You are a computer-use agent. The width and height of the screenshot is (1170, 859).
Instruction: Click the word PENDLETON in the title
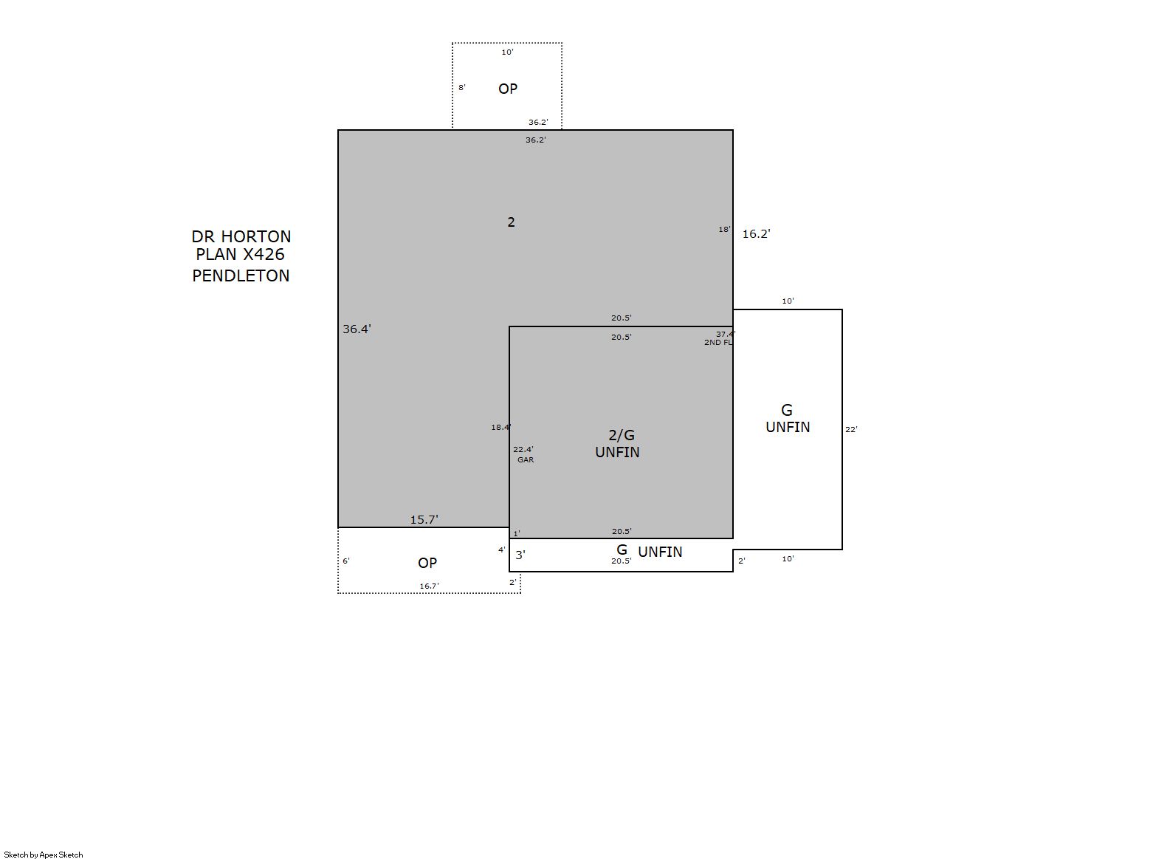click(x=241, y=276)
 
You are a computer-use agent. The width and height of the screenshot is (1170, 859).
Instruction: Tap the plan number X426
click(x=264, y=255)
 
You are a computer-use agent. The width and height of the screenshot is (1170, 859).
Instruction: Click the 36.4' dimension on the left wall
click(x=357, y=329)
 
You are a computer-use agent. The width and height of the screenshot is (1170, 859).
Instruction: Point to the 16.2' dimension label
click(x=757, y=234)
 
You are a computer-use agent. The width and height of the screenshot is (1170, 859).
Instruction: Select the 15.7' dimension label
click(x=424, y=520)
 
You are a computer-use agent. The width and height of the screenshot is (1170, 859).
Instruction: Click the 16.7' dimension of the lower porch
click(x=430, y=586)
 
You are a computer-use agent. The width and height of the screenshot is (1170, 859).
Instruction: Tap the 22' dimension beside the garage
click(x=851, y=430)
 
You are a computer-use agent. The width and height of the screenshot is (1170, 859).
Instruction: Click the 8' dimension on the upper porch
click(x=462, y=88)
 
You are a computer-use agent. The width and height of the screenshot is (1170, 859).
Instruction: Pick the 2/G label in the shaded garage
click(x=622, y=435)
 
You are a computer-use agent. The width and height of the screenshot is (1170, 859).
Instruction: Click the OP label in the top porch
click(x=508, y=89)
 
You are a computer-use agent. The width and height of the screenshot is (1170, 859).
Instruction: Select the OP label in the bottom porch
click(x=427, y=564)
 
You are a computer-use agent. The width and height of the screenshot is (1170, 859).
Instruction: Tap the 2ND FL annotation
click(x=718, y=343)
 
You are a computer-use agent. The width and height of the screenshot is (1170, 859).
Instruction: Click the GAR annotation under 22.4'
click(x=526, y=460)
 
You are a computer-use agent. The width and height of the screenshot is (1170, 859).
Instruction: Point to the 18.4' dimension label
click(x=501, y=428)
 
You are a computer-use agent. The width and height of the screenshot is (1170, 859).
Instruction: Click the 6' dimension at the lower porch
click(x=346, y=561)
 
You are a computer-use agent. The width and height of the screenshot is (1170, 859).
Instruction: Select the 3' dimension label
click(x=520, y=555)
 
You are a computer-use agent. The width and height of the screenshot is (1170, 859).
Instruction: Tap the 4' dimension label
click(x=502, y=550)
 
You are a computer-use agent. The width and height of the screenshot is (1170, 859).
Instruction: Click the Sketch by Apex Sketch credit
click(x=44, y=855)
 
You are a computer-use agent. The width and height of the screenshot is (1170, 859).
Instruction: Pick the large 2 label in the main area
click(x=512, y=222)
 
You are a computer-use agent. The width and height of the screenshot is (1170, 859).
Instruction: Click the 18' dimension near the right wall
click(x=725, y=230)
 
